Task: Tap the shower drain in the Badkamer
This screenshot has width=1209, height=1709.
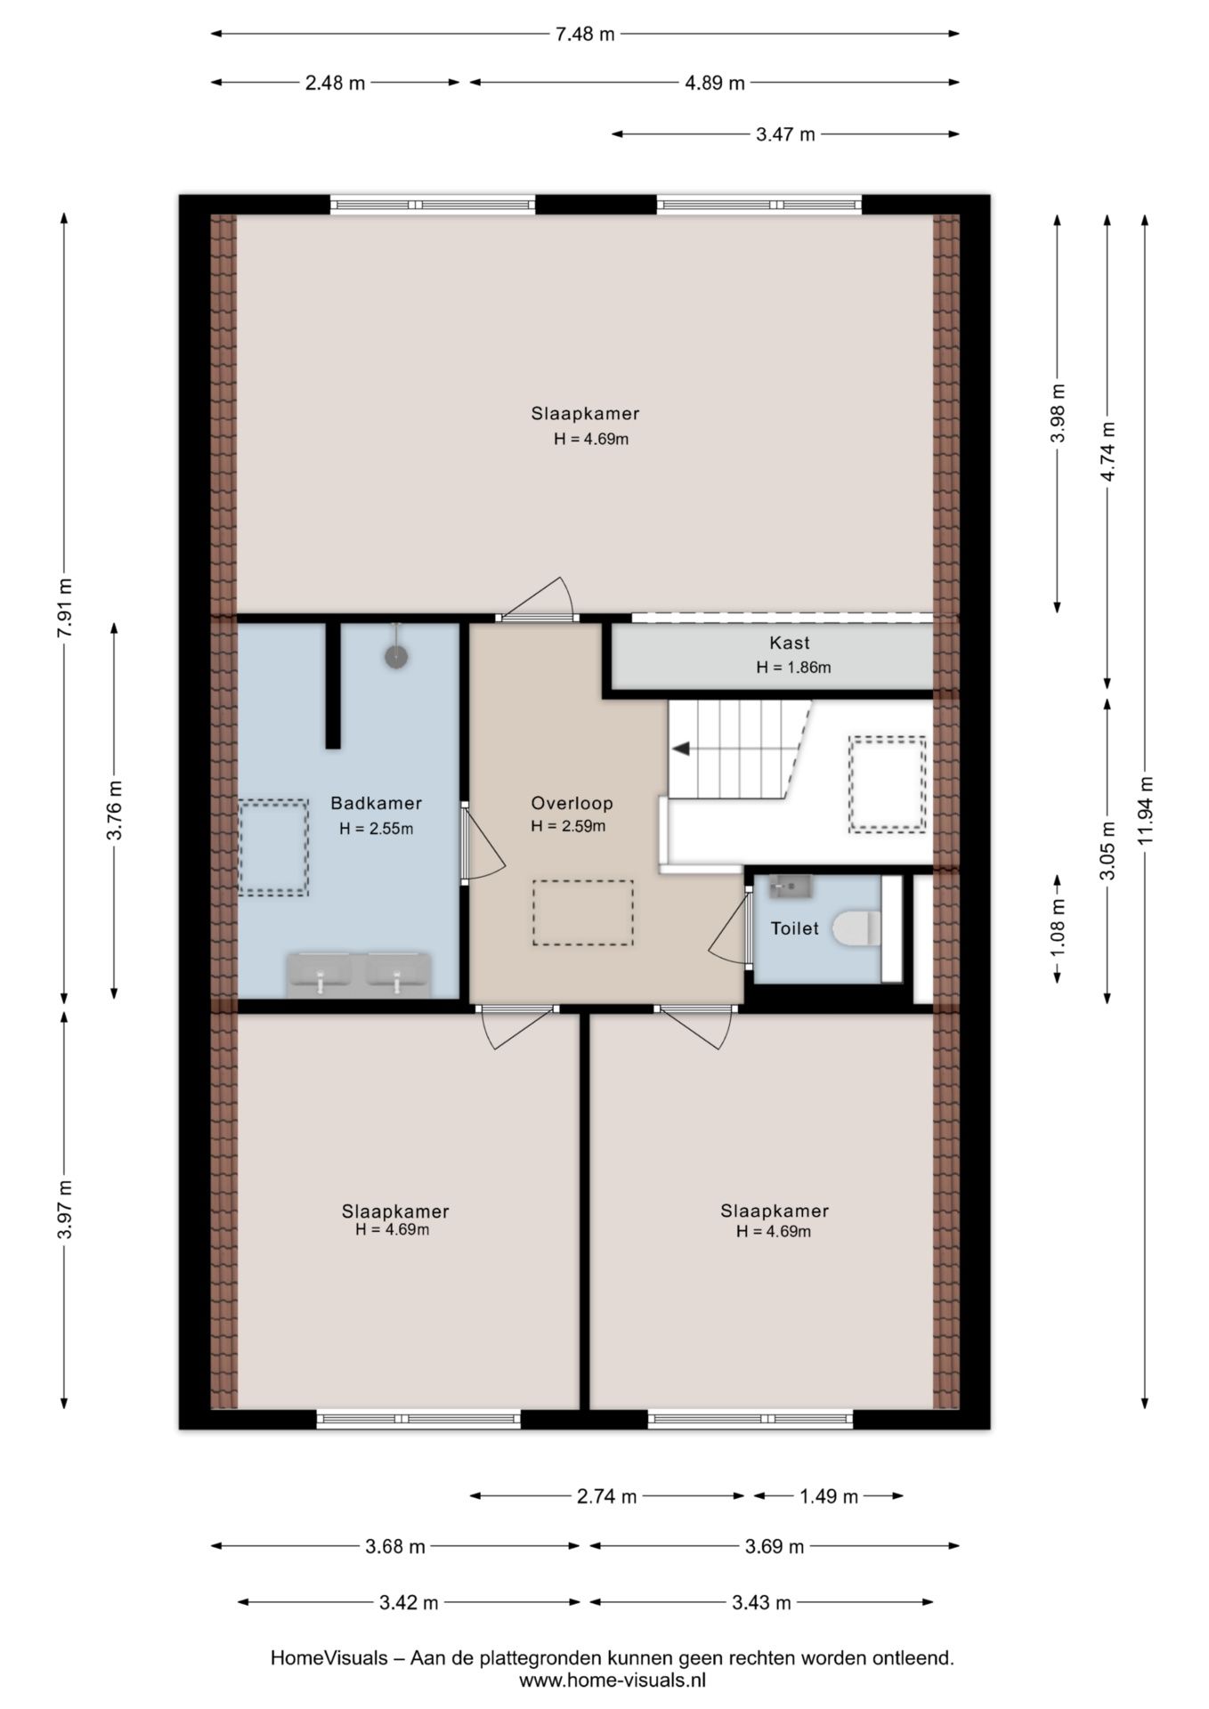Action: coord(396,657)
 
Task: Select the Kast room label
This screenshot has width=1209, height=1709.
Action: coord(790,643)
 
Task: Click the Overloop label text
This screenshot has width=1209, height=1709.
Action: coord(572,803)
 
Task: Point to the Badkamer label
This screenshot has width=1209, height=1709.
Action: coord(376,803)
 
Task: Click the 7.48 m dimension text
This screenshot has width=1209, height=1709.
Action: coord(585,34)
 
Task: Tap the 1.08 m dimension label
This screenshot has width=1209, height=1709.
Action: coord(1058,928)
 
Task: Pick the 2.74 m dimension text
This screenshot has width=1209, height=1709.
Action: coord(606,1496)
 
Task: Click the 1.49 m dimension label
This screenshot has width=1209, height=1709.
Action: coord(829,1496)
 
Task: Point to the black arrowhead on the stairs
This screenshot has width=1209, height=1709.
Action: coord(681,749)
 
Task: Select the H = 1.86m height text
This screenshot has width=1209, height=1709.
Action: coord(793,668)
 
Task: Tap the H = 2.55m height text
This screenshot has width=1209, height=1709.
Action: coord(376,829)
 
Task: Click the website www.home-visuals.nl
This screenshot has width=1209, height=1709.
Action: coord(613,1681)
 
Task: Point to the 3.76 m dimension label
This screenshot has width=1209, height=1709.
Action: coord(115,809)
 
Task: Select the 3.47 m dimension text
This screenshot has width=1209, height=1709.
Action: coord(785,134)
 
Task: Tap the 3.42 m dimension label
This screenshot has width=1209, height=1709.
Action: coord(409,1603)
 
